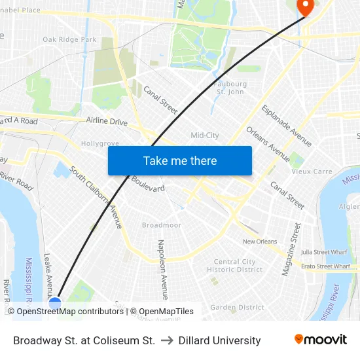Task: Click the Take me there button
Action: pos(180,160)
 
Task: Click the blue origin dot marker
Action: pos(55,304)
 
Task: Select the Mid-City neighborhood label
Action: pos(204,135)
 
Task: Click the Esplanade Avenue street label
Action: pos(286,126)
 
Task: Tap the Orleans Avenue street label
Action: pos(268,143)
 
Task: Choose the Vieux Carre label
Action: pos(312,171)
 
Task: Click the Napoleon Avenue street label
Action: pos(162,269)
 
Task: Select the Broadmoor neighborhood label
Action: pos(161,225)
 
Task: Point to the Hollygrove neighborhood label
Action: pos(100,143)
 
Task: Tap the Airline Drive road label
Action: pos(107,121)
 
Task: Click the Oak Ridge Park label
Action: pos(69,40)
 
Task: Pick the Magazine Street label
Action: pos(291,249)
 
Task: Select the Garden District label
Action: pos(237,307)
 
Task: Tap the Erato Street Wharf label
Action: pos(325,266)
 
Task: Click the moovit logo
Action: pos(320,340)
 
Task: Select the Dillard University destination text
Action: pos(219,340)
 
